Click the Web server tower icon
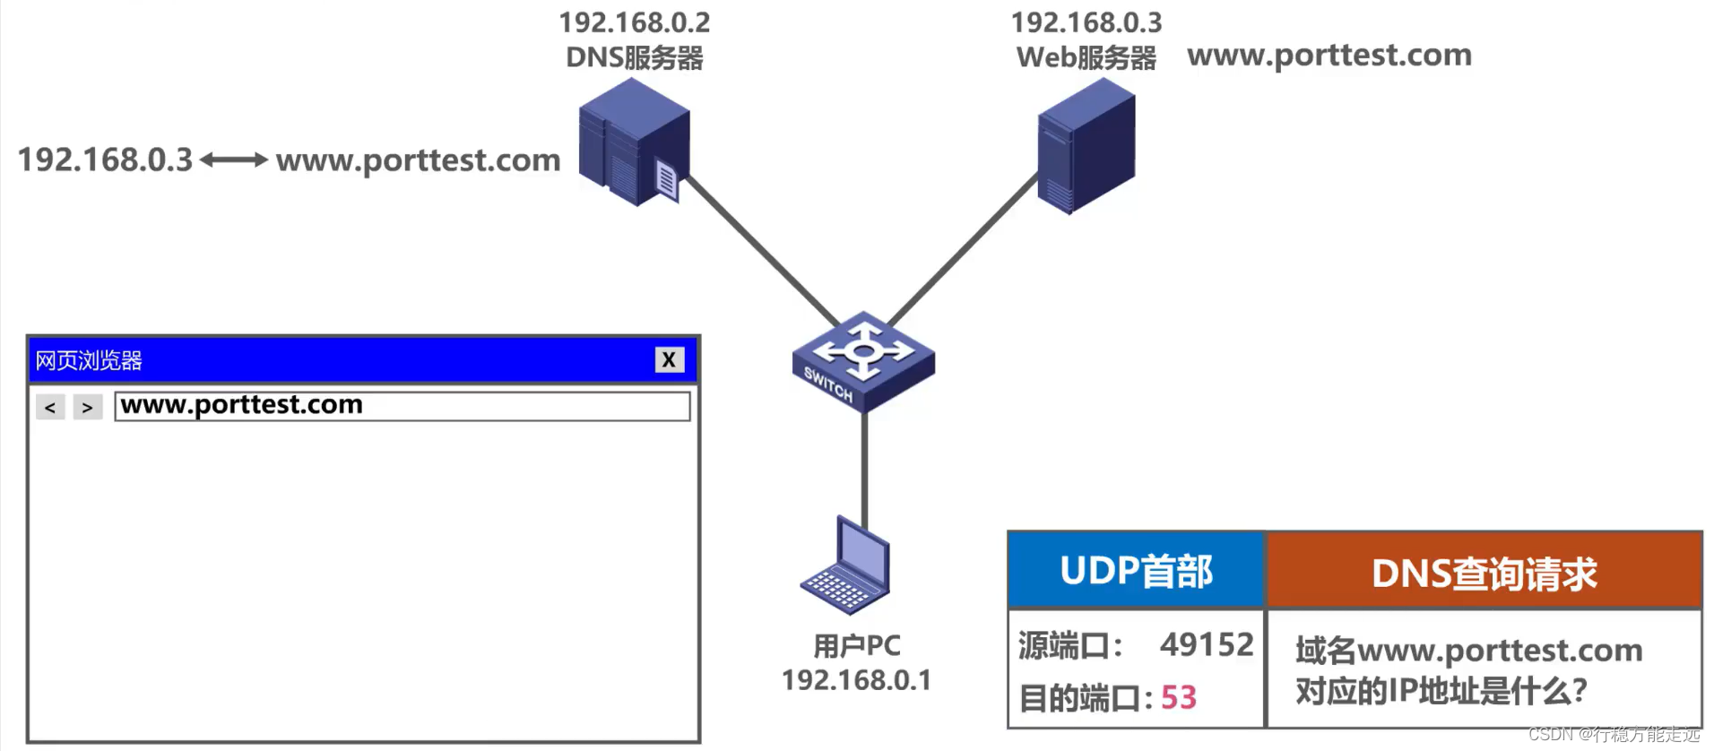(x=1086, y=146)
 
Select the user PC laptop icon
(x=846, y=567)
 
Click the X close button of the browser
(x=669, y=359)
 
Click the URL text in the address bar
(x=242, y=405)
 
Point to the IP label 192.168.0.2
(x=635, y=22)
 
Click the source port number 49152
(x=1207, y=644)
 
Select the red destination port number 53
(x=1179, y=697)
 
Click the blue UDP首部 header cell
(x=1136, y=571)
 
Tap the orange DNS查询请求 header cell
(x=1484, y=573)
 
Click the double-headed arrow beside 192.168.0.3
(x=234, y=160)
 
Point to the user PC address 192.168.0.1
(x=856, y=680)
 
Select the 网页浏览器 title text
(x=89, y=360)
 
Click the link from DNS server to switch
(x=762, y=251)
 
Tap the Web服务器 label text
(x=1086, y=58)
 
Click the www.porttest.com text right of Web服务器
(x=1329, y=56)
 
